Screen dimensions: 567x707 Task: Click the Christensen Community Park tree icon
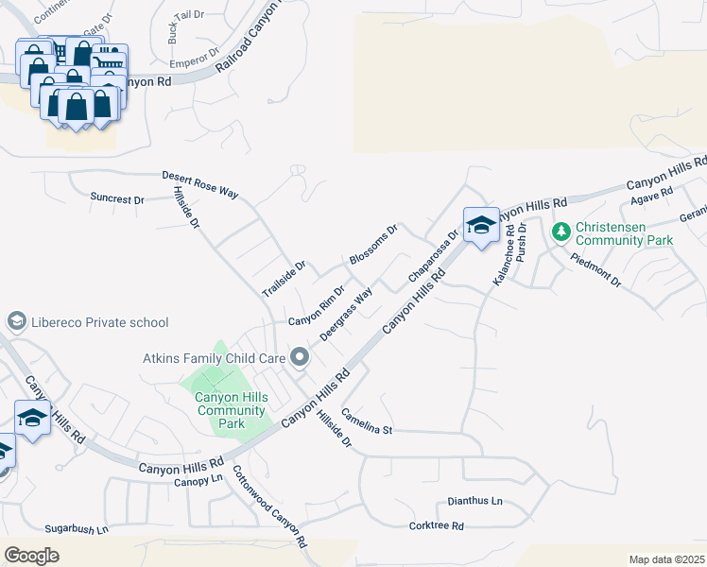(560, 231)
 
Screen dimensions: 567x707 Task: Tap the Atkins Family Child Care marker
(301, 357)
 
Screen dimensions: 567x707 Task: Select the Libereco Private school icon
(17, 322)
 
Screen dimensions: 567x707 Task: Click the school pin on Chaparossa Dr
(481, 225)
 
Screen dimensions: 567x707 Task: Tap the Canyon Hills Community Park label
(232, 410)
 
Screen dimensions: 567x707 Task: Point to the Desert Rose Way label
(199, 183)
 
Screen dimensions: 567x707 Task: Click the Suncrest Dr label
(117, 199)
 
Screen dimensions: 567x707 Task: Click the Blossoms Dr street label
(373, 245)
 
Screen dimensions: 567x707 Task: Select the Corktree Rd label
(436, 525)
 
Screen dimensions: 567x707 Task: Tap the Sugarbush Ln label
(77, 530)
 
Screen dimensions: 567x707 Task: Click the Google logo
(31, 556)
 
